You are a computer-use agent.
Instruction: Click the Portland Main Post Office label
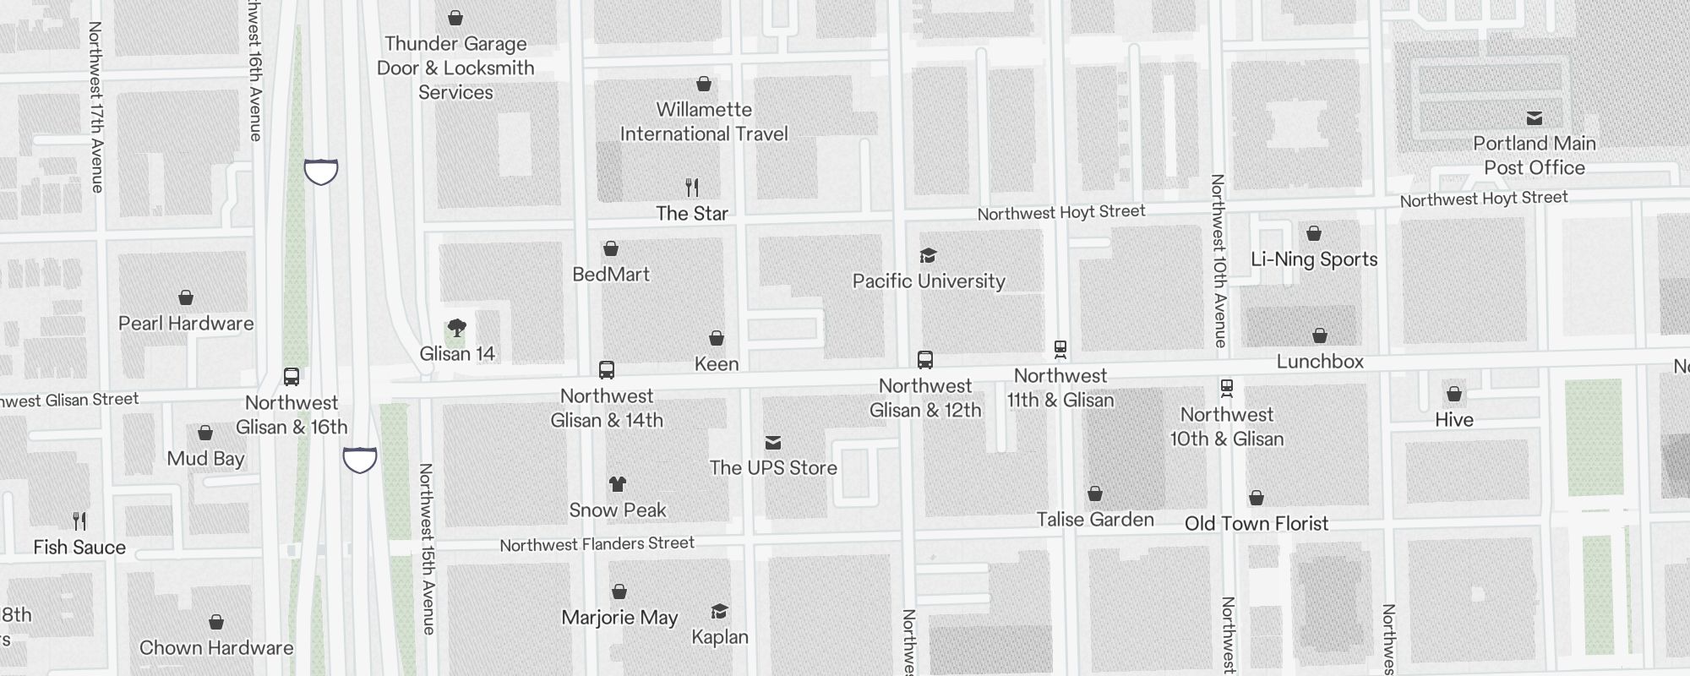pos(1534,155)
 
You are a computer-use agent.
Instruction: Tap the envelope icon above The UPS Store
pos(773,443)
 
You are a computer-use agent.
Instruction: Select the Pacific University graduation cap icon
pos(928,256)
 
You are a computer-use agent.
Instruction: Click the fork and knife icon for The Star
pos(692,187)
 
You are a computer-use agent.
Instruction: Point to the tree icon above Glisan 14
pos(457,328)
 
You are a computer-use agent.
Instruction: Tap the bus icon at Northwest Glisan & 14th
pos(607,370)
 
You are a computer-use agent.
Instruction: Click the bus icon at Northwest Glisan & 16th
pos(292,377)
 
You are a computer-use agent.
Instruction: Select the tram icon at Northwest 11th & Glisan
pos(1060,349)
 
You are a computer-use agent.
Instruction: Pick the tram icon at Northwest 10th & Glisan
pos(1227,389)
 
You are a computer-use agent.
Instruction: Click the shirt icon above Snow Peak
pos(618,484)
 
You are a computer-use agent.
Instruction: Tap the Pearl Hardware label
pos(186,324)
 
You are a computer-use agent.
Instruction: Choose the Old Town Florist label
pos(1257,524)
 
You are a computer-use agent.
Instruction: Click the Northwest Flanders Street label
pos(597,544)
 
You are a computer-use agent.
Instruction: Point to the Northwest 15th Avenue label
pos(428,549)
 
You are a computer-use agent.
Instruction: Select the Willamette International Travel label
pos(704,122)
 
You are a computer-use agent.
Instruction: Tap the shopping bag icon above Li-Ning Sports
pos(1314,233)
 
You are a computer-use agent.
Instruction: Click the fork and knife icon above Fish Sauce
pos(79,521)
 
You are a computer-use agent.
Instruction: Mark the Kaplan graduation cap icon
pos(720,612)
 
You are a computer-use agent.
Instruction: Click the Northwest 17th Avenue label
pos(96,107)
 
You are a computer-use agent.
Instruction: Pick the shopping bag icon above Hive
pos(1454,394)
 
